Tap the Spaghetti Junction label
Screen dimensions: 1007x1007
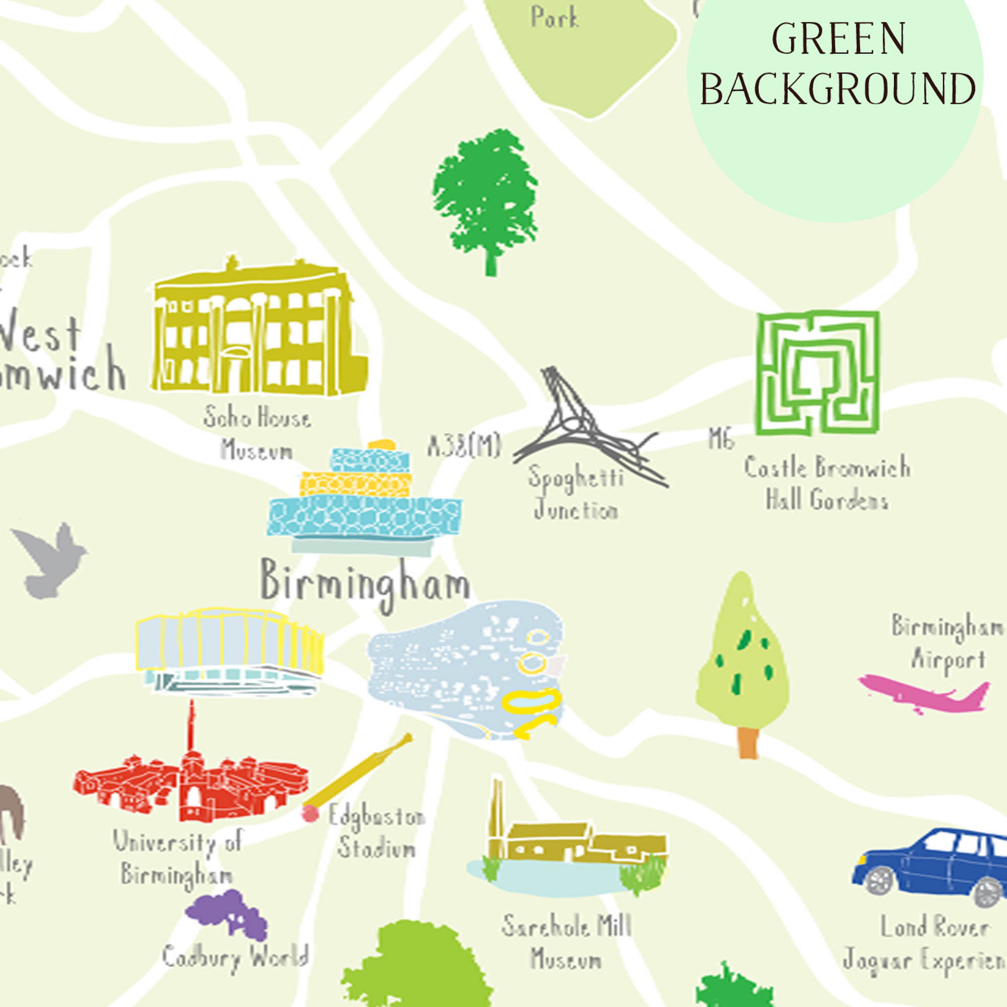tap(576, 492)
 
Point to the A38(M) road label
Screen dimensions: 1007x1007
tap(464, 446)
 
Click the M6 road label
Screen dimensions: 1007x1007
tap(721, 439)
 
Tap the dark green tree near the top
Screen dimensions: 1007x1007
tap(485, 198)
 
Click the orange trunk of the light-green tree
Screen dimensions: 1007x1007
tap(748, 742)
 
